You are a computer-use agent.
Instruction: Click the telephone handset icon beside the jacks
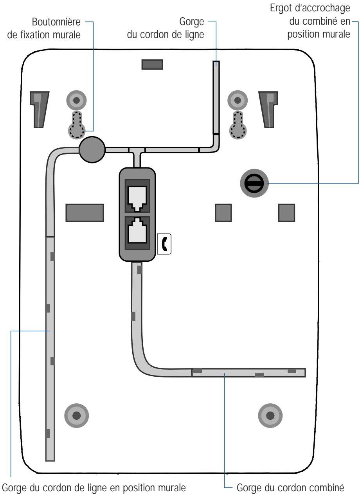164,244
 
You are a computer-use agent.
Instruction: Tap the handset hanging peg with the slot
254,183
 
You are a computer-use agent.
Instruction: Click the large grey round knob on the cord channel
92,150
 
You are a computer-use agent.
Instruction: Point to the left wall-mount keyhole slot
77,125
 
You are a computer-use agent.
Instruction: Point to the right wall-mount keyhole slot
238,125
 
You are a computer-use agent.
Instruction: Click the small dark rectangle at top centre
152,65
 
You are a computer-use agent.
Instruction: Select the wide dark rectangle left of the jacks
85,213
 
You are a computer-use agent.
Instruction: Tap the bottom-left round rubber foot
76,416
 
